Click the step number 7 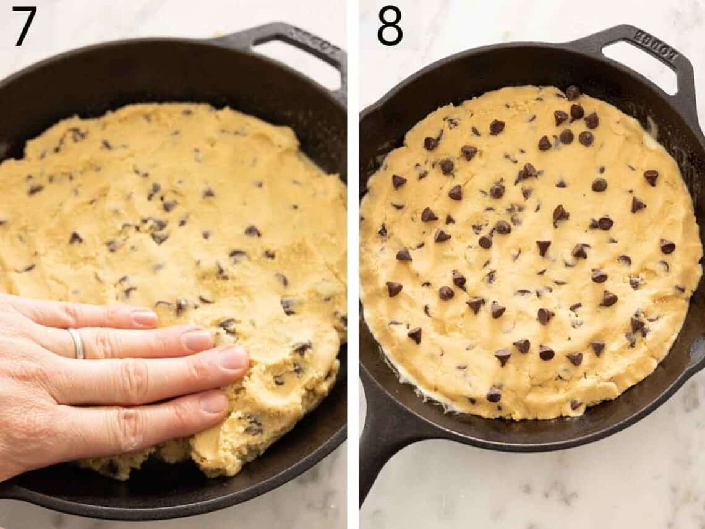pyautogui.click(x=24, y=26)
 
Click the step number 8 pyautogui.click(x=390, y=26)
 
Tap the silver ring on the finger pyautogui.click(x=77, y=343)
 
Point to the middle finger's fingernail pyautogui.click(x=197, y=340)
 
